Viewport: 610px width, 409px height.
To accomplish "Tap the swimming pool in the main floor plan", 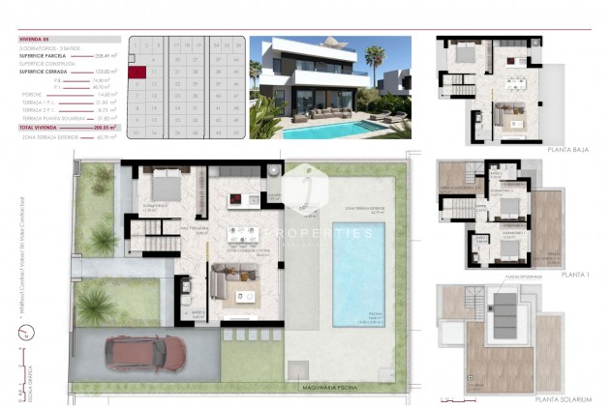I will (x=358, y=275).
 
